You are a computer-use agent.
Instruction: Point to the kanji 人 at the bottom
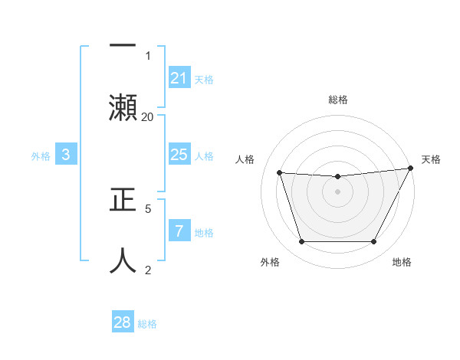(x=122, y=260)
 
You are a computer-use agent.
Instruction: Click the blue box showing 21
(x=179, y=78)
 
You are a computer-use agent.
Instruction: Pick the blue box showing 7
(x=179, y=231)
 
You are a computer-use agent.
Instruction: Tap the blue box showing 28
(x=123, y=322)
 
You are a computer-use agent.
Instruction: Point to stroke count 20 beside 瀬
(x=148, y=116)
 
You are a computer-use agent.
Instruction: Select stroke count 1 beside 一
(x=148, y=55)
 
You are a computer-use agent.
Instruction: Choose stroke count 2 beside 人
(x=148, y=270)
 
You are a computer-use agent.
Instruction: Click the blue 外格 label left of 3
(x=41, y=156)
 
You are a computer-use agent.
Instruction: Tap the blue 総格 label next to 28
(x=147, y=323)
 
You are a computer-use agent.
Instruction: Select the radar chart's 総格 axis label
(x=338, y=100)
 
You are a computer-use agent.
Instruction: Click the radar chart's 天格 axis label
(x=432, y=159)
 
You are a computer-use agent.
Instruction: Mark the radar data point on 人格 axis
(x=280, y=172)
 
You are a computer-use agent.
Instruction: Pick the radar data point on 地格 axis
(x=373, y=242)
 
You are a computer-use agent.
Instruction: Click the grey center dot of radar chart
(x=338, y=191)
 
